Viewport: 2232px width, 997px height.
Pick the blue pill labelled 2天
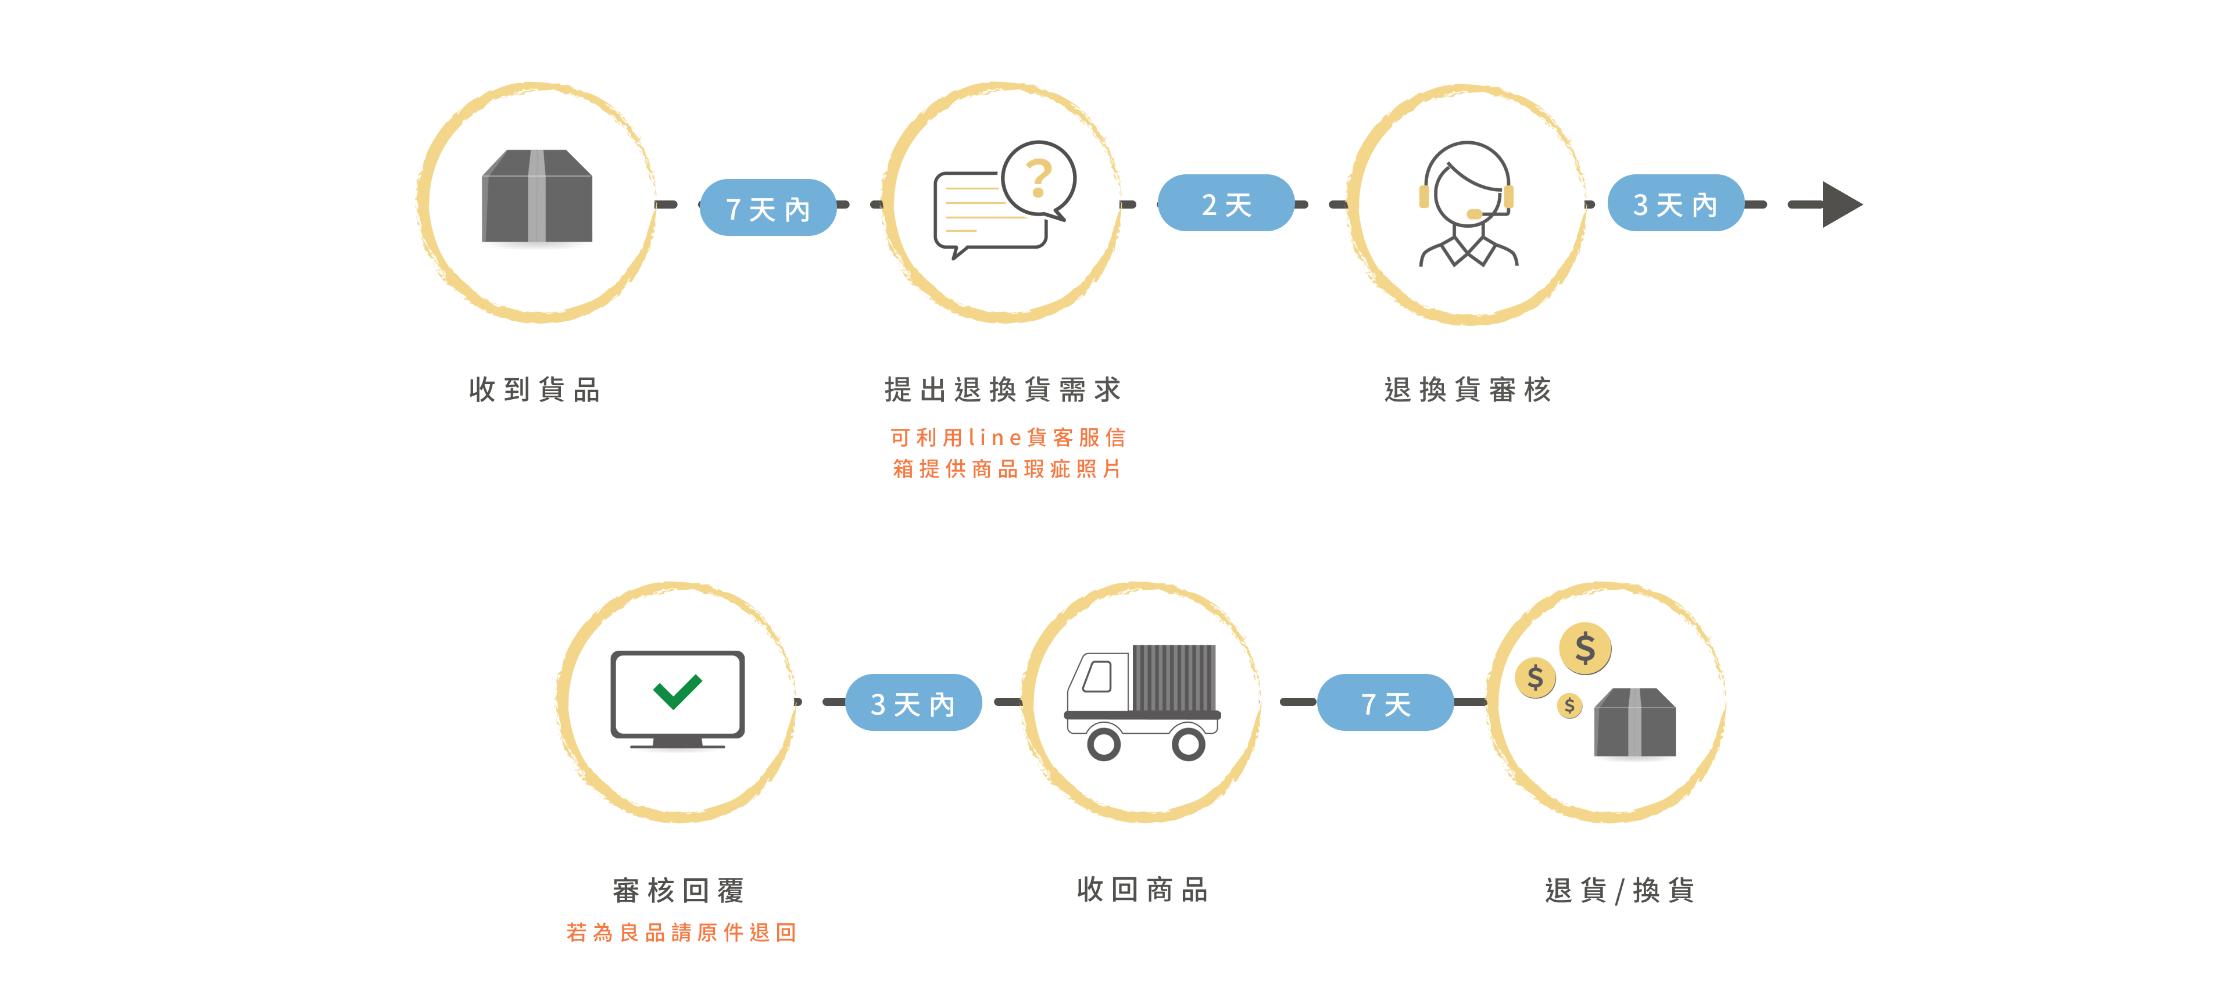tap(1225, 203)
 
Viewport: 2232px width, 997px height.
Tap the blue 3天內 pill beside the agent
tap(1675, 203)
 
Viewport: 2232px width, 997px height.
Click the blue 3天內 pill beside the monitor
tap(913, 702)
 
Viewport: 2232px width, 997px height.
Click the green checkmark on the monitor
tap(678, 690)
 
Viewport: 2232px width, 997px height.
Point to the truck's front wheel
tap(1103, 743)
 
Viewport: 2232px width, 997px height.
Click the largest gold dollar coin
tap(1584, 648)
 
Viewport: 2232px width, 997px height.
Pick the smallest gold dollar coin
tap(1569, 705)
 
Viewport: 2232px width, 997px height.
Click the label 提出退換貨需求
tap(1003, 390)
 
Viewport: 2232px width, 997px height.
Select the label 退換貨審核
tap(1467, 390)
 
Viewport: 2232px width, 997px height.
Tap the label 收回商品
tap(1142, 889)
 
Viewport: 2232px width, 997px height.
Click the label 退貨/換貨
tap(1619, 890)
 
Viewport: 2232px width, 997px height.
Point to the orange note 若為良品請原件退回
tap(681, 932)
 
